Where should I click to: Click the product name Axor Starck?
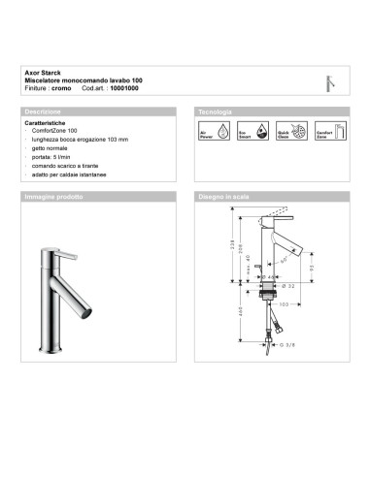[42, 71]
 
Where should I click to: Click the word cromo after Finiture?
[63, 87]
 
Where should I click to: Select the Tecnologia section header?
[215, 111]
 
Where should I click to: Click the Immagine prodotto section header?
[54, 196]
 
